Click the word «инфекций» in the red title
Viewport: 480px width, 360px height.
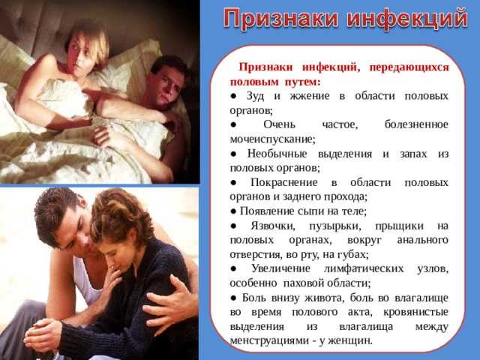click(x=407, y=19)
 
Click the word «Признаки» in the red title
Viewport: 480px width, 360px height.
click(x=281, y=19)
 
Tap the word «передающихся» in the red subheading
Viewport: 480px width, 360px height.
click(x=409, y=67)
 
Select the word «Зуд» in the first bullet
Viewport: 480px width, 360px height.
click(x=256, y=96)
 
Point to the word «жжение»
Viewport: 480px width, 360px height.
click(x=310, y=96)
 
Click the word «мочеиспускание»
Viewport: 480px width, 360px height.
click(x=272, y=139)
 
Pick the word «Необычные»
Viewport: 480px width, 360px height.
click(x=277, y=154)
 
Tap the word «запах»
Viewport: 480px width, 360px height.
click(x=413, y=154)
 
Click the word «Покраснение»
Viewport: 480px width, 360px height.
click(x=284, y=182)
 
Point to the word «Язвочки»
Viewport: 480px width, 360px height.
click(x=273, y=226)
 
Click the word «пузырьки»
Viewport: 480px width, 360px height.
click(x=335, y=226)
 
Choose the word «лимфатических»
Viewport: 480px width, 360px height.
click(x=364, y=268)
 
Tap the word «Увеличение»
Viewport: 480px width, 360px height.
click(x=280, y=268)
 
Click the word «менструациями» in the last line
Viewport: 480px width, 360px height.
click(x=269, y=340)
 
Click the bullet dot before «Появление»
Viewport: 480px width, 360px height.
click(x=233, y=211)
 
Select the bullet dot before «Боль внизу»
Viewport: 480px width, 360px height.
click(x=233, y=298)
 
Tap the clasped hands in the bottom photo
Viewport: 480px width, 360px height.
click(x=43, y=336)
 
